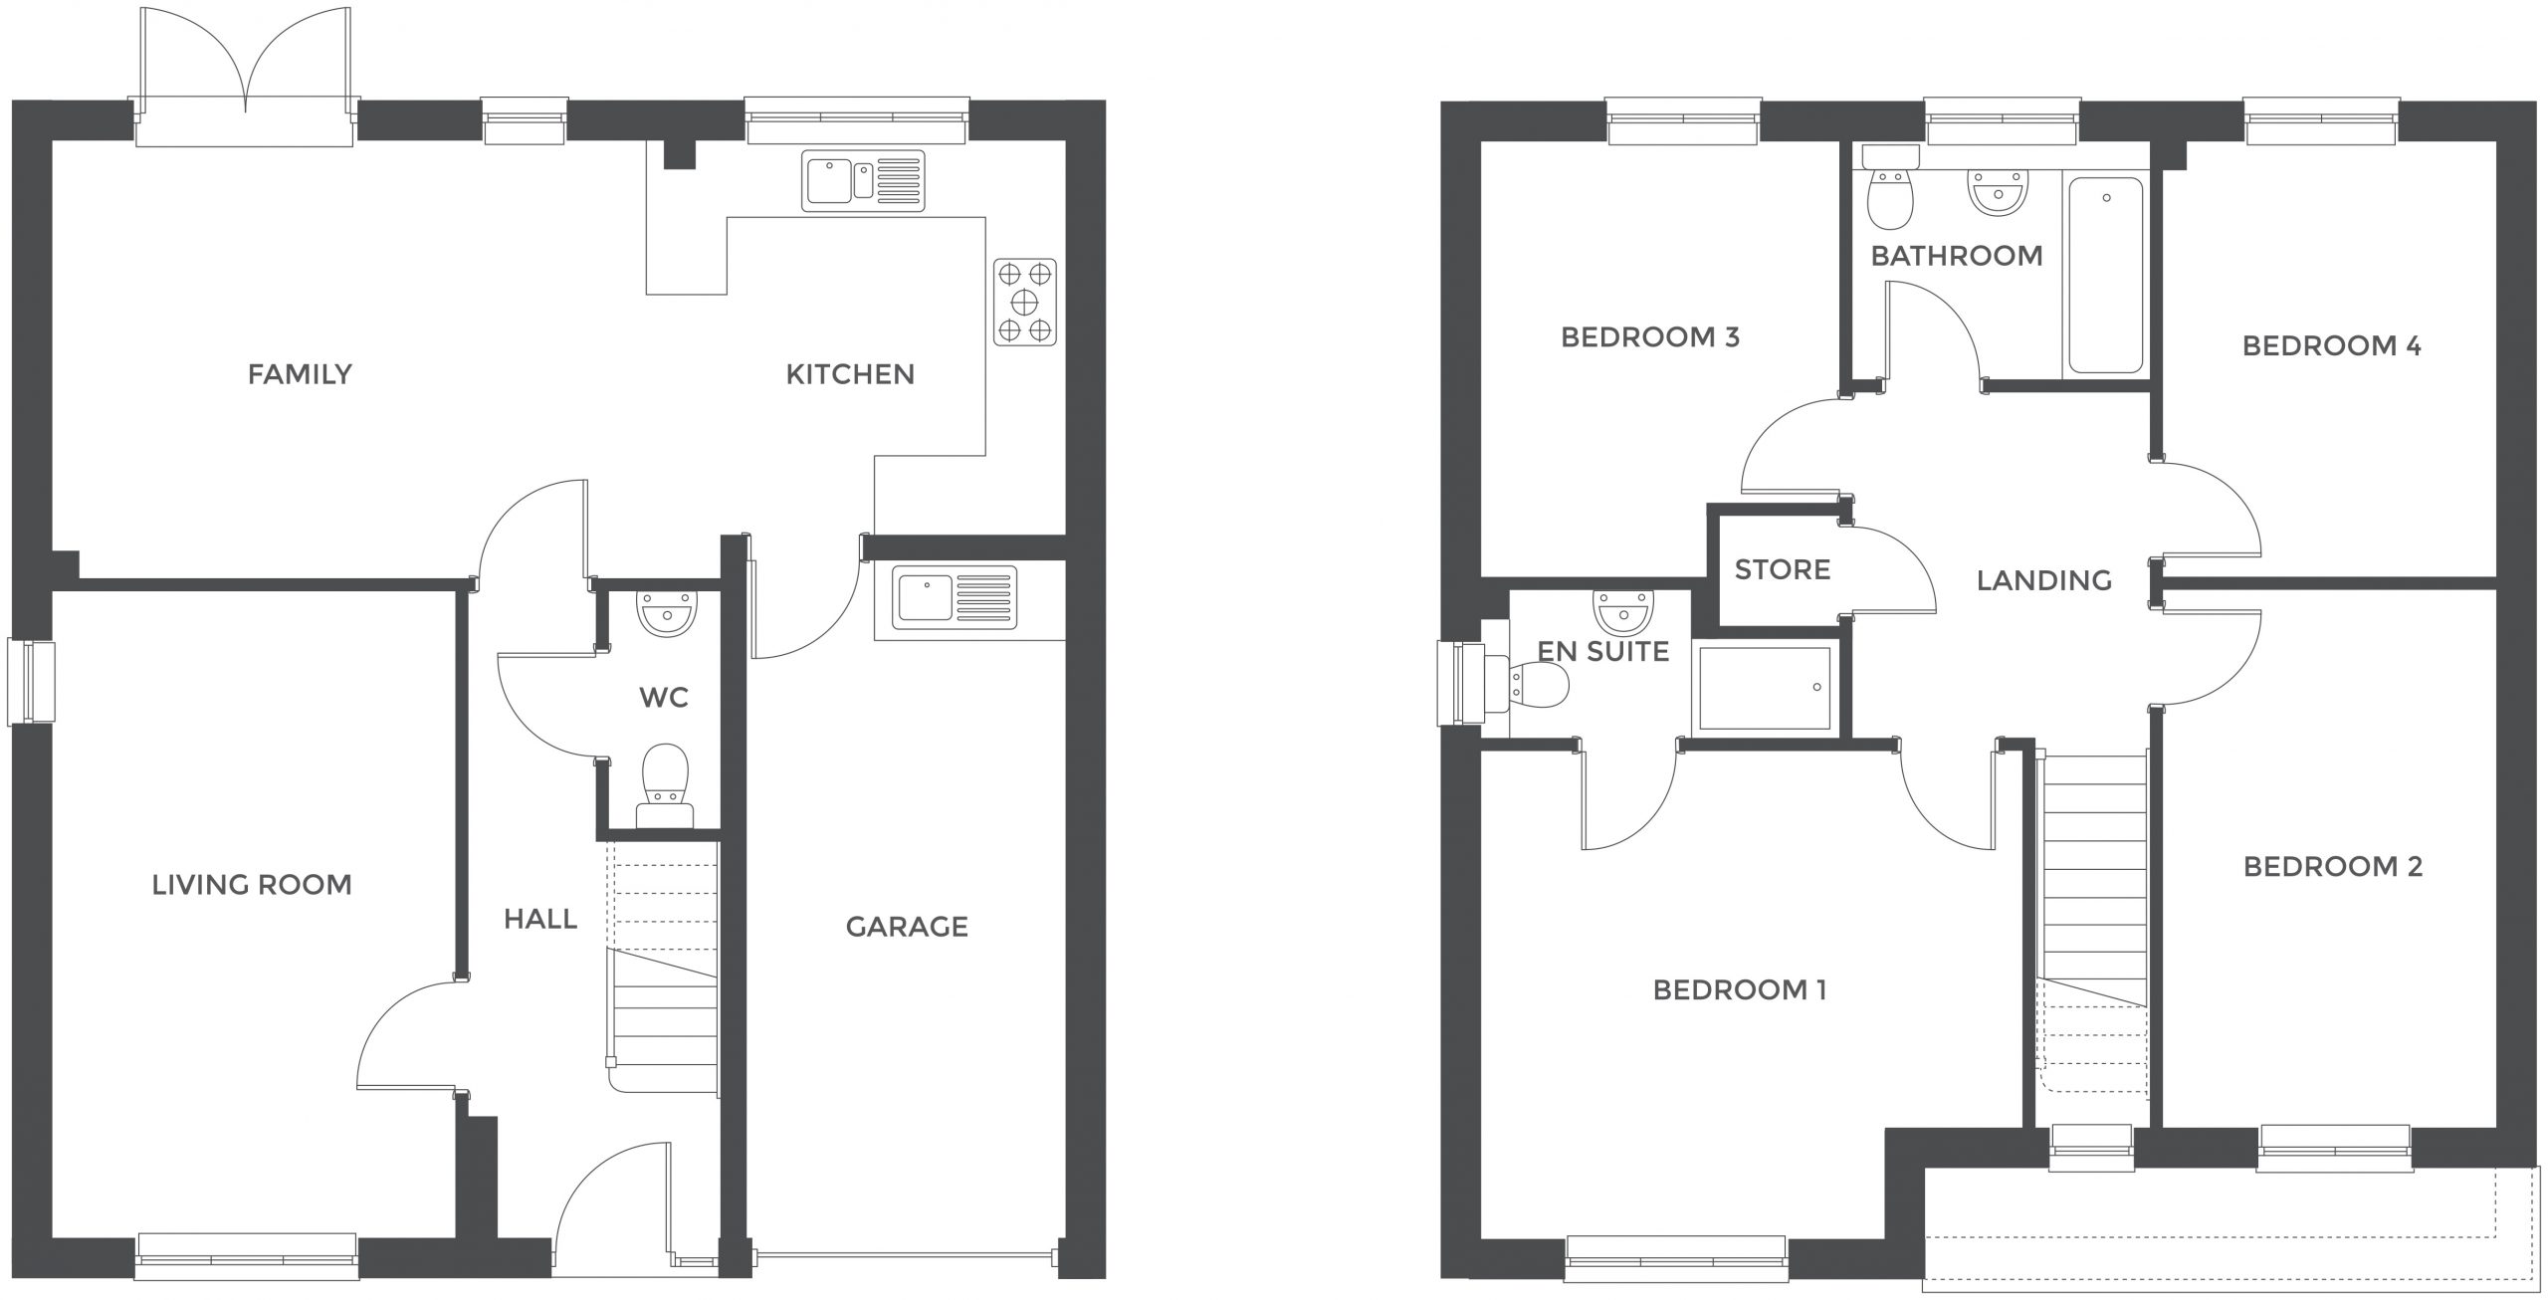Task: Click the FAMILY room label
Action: pos(300,374)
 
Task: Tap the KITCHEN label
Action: pos(850,374)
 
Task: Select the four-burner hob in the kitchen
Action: pos(1025,303)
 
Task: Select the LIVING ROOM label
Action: pos(252,885)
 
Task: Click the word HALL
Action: pos(540,919)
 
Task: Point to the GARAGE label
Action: pos(907,927)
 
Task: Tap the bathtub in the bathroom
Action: pos(2106,276)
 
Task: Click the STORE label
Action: pos(1783,570)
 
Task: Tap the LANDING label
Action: pos(2044,580)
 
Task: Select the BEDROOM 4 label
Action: pos(2332,346)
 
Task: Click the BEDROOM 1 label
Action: pos(1740,990)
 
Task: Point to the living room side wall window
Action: pos(30,682)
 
